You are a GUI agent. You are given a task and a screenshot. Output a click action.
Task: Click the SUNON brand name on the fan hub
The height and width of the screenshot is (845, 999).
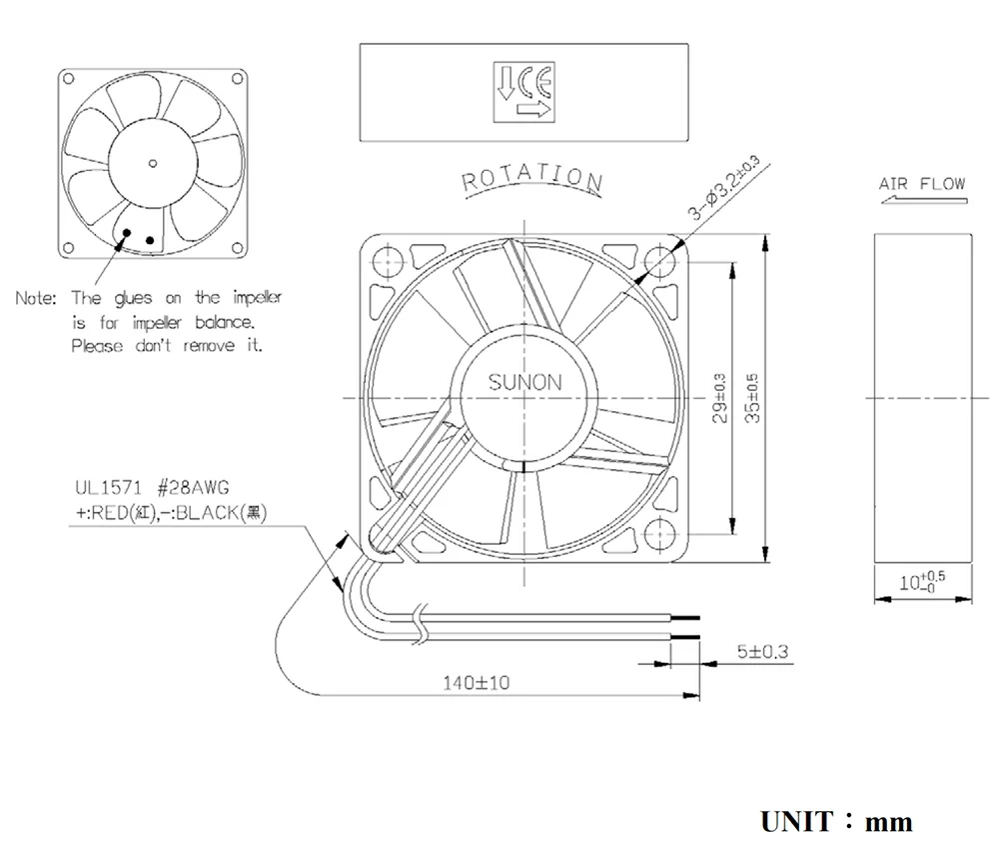pos(524,382)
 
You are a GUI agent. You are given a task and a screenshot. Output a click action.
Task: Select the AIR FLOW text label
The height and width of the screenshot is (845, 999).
pos(921,183)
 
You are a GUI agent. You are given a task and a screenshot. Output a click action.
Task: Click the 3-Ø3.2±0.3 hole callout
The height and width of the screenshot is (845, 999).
pos(722,187)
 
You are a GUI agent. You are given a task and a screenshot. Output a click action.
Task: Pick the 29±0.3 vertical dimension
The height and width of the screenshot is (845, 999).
pos(721,398)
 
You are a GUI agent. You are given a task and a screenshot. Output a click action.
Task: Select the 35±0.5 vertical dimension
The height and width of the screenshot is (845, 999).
pos(753,398)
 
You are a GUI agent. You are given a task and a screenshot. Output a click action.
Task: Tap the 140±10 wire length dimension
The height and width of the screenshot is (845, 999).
pos(477,683)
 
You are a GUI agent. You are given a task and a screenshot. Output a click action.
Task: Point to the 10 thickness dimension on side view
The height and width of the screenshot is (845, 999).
pos(921,581)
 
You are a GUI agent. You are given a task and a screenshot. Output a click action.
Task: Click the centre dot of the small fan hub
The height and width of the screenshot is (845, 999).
pos(153,162)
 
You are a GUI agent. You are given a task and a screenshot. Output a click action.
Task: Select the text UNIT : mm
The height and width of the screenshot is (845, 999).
pos(835,822)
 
